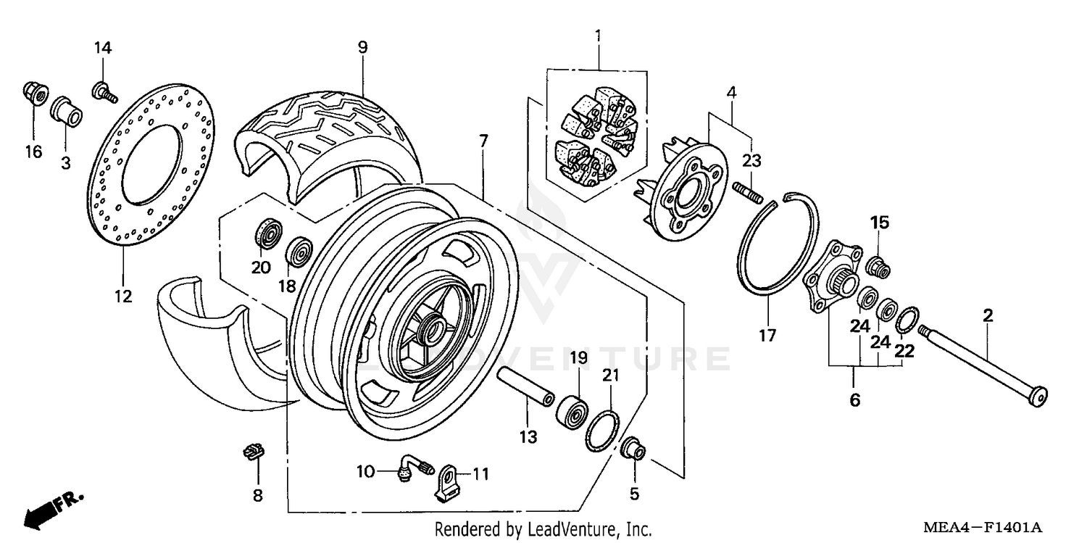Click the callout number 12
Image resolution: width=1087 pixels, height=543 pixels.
coord(122,297)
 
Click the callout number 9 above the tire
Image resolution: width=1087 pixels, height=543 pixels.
coord(362,48)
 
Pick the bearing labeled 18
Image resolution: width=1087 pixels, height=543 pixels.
coord(299,252)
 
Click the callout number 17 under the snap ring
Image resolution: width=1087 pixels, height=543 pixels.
coord(767,336)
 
